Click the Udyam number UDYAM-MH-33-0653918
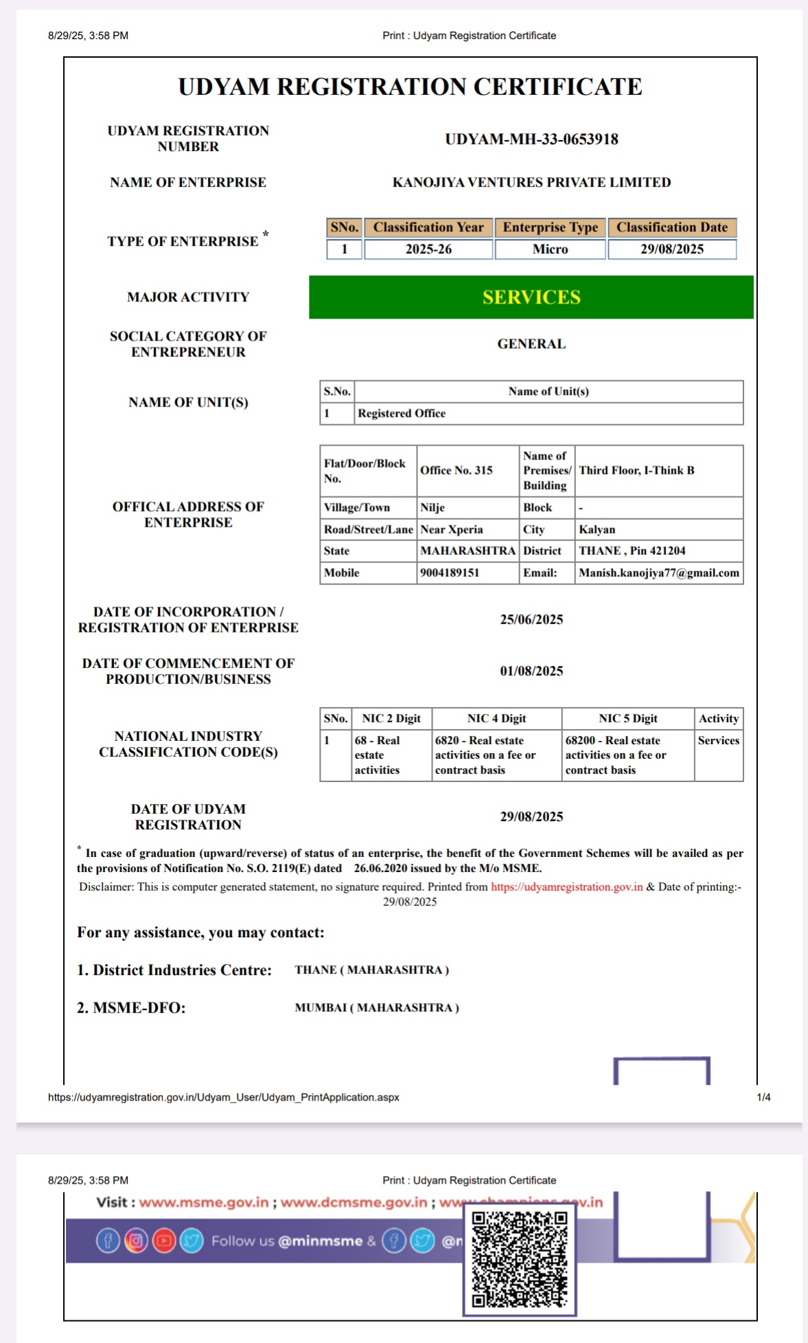tap(531, 139)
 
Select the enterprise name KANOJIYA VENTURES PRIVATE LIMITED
tap(531, 183)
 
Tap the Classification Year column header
tap(428, 227)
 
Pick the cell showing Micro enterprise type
tap(551, 249)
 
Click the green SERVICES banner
tap(531, 297)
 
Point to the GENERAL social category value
tap(531, 344)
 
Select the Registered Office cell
tap(402, 413)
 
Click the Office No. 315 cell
tap(457, 470)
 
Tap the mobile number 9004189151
tap(450, 573)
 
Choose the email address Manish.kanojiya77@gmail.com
tap(659, 573)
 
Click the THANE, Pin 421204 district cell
tap(632, 551)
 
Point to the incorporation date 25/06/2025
tap(531, 619)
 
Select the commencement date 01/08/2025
tap(531, 671)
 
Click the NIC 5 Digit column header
tap(628, 718)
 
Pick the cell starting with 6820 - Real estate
tap(485, 755)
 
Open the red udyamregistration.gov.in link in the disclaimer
tap(567, 887)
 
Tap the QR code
tap(520, 1259)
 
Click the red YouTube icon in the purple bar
tap(164, 1241)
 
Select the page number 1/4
tap(763, 1097)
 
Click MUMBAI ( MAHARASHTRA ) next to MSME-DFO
tap(377, 1008)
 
